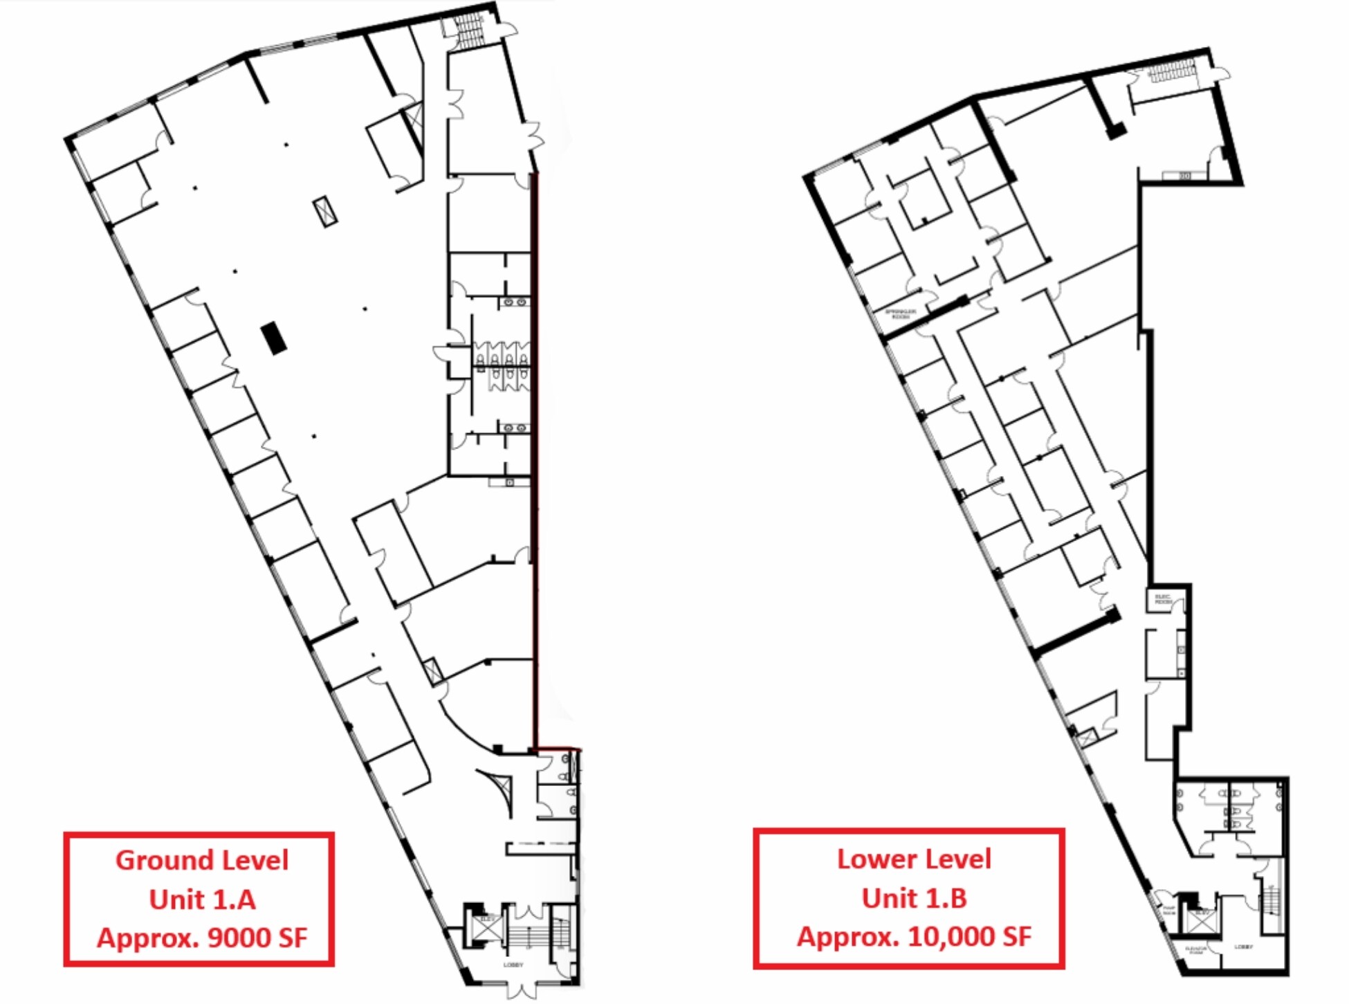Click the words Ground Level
201,861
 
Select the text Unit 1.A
202,900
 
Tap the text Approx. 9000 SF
202,938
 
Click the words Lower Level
914,859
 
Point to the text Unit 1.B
914,898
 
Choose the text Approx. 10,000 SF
914,937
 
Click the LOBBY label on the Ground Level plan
513,965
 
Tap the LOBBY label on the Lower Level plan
1243,947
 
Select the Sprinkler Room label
900,313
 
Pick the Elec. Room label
1164,599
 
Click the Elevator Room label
1196,950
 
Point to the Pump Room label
1168,911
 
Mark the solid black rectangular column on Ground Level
274,338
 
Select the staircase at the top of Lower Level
1171,71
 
